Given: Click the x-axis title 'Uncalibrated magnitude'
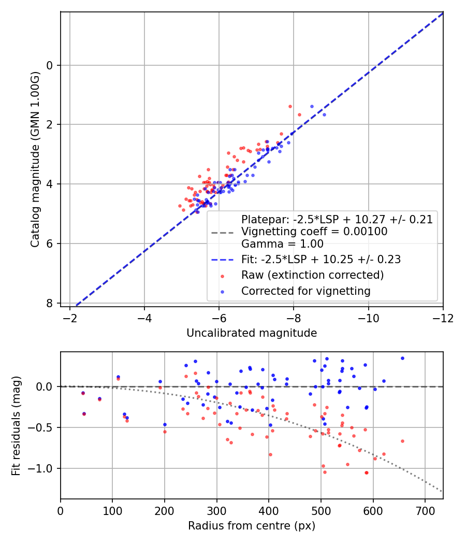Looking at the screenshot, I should pos(252,333).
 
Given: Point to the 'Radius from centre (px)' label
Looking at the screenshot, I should pos(252,526).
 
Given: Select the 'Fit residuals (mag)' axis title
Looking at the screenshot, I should pos(16,426).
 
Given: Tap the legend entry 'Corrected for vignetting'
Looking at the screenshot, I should pos(305,291).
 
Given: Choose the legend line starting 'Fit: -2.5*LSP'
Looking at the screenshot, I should pos(321,259).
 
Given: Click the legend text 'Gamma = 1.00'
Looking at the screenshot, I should pos(282,244).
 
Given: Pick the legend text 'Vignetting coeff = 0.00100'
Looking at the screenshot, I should pos(314,232).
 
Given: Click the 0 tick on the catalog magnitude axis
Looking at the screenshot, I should pos(50,65).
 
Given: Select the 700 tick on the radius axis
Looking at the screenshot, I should pos(425,510).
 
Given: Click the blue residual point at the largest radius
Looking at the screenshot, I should pos(402,358).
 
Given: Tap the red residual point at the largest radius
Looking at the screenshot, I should pos(402,441).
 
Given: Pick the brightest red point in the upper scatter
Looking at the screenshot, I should pos(290,106).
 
